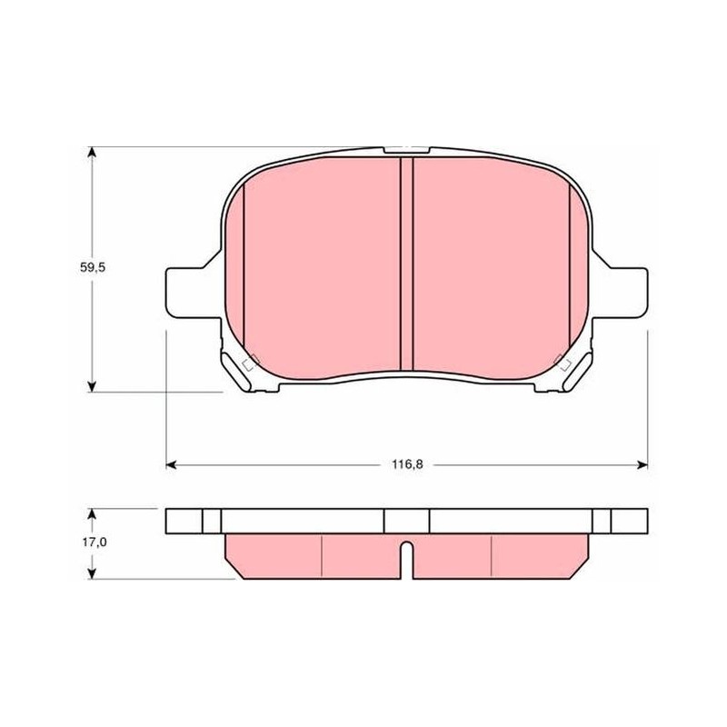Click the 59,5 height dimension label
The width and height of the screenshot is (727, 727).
[x=93, y=267]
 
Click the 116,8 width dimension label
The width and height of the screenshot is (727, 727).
[x=407, y=464]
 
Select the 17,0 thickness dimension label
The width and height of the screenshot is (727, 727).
[x=95, y=542]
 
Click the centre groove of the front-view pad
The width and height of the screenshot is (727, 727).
[x=406, y=264]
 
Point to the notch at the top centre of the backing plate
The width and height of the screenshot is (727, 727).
[x=406, y=151]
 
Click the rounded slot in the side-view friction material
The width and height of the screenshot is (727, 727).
[x=406, y=560]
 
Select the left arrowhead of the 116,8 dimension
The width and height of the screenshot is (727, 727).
[x=171, y=464]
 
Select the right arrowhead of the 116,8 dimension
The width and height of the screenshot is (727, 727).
[x=642, y=464]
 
